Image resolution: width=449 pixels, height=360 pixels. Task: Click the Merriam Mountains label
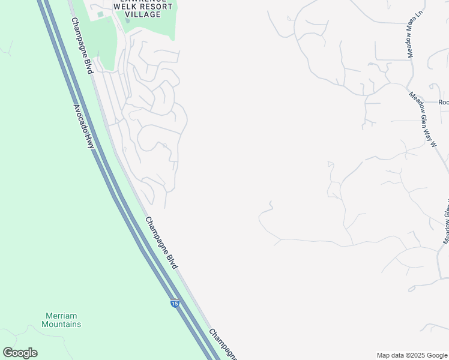(x=61, y=320)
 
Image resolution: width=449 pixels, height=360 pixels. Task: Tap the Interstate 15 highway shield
(x=174, y=304)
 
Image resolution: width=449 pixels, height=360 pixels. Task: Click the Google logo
(x=20, y=353)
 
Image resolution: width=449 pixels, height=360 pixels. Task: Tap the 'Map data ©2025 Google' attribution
(x=412, y=355)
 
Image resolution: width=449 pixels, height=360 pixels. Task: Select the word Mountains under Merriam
(x=61, y=324)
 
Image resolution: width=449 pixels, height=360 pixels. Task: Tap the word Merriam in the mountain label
(x=61, y=316)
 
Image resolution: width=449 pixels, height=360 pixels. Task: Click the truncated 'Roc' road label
(x=443, y=102)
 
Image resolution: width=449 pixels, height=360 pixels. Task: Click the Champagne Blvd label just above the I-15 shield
(x=161, y=242)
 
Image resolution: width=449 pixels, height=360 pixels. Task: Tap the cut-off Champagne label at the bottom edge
(x=223, y=345)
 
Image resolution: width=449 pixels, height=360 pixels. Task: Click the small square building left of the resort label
(x=100, y=14)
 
